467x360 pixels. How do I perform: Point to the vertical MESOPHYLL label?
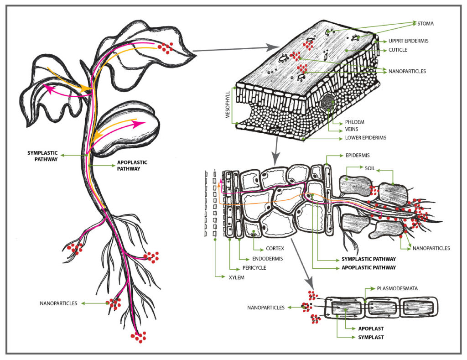(x=227, y=105)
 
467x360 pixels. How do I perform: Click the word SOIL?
(x=370, y=168)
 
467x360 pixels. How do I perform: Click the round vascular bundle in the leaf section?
(x=328, y=102)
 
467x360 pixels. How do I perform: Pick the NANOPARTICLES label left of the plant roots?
(x=59, y=303)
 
